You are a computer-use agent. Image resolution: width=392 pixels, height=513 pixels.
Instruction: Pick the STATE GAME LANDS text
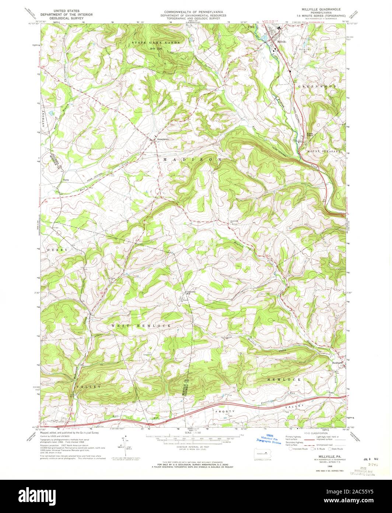[156, 43]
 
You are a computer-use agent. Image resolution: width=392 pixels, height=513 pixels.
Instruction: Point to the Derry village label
[66, 180]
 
